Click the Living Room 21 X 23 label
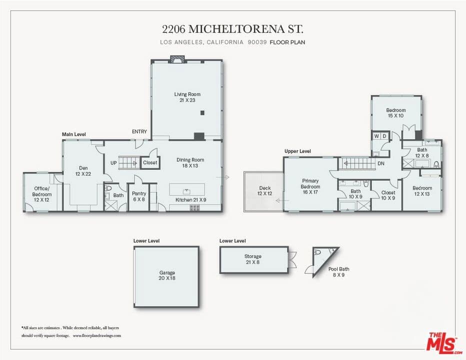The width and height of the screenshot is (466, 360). point(187,97)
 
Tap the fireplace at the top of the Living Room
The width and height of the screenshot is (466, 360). point(177,59)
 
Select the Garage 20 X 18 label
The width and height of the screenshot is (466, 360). point(167,275)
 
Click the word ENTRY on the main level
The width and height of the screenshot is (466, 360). point(139,131)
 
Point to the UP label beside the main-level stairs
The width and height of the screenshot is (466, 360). point(113,162)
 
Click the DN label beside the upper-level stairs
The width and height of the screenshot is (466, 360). point(380,163)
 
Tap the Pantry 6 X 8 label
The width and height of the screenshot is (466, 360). point(138,196)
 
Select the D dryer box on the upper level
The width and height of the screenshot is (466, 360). point(384,136)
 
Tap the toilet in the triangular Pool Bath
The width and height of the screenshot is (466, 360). point(318,252)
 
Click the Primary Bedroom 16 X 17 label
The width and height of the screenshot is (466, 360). point(310,184)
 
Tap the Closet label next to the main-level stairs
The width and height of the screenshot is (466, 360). point(150,162)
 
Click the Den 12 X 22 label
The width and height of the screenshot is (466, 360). point(83,171)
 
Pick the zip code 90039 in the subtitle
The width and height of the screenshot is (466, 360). point(256,42)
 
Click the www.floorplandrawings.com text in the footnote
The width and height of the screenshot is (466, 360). point(97,335)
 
